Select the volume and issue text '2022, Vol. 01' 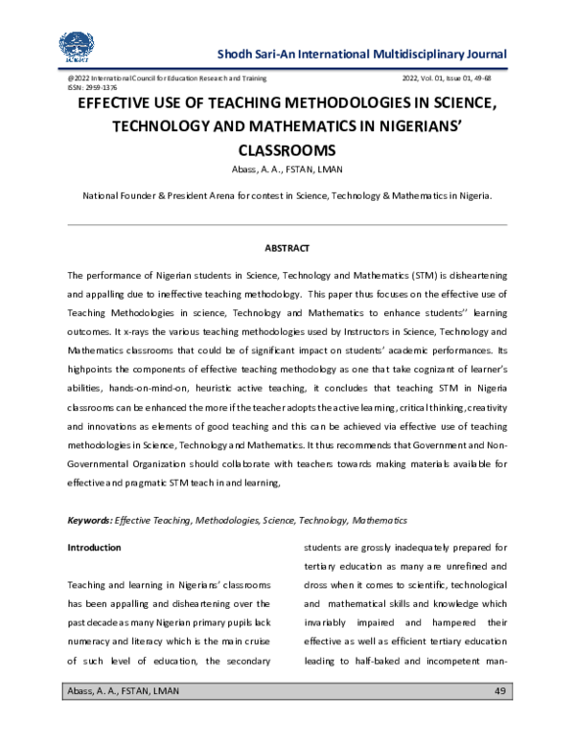click(437, 77)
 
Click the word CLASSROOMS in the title click(287, 150)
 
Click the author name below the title click(287, 170)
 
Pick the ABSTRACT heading click(287, 249)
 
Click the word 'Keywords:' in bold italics click(89, 520)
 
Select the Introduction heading click(94, 548)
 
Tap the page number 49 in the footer click(498, 691)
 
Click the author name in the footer click(123, 691)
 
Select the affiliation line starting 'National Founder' click(287, 194)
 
